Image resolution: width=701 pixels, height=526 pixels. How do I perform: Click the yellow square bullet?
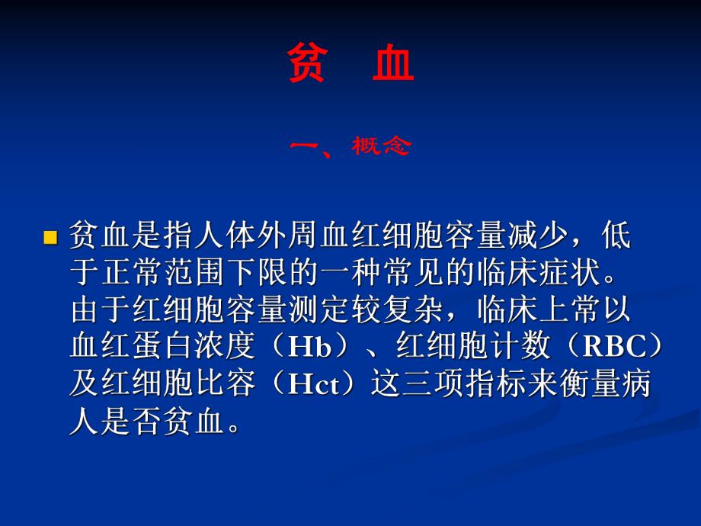point(51,237)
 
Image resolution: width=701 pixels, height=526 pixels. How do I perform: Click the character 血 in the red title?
point(394,64)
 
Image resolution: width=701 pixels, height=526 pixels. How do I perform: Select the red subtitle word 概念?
point(380,146)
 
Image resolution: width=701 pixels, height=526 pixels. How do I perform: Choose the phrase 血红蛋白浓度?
point(161,348)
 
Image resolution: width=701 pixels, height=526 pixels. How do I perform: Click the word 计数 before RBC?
point(527,348)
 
